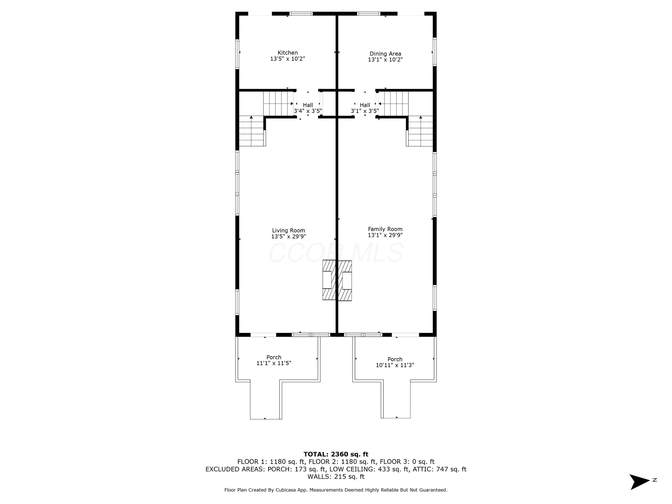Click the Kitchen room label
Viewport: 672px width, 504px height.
tap(287, 53)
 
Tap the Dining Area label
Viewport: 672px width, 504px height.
tap(385, 54)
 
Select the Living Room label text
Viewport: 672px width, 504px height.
tap(288, 231)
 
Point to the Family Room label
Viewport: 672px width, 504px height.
tap(385, 229)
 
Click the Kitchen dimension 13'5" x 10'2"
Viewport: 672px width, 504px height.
tap(287, 59)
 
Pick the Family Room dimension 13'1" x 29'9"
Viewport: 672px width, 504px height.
tap(385, 235)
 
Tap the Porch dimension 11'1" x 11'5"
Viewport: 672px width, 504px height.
tap(274, 363)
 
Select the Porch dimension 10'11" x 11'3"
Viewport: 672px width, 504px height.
tap(395, 365)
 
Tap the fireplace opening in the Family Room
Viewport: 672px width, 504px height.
tap(347, 281)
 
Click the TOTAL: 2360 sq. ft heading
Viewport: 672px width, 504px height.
tap(336, 454)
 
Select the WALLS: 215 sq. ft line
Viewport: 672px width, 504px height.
tap(336, 477)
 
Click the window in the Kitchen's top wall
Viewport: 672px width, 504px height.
tap(301, 14)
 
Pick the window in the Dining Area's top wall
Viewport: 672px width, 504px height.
tap(369, 14)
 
